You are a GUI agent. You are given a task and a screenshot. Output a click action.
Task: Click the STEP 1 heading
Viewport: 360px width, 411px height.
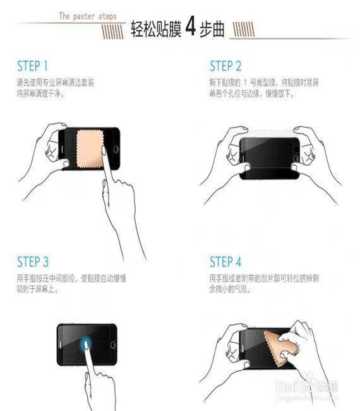pos(32,66)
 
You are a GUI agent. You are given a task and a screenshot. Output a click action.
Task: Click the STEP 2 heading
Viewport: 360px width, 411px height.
pos(225,66)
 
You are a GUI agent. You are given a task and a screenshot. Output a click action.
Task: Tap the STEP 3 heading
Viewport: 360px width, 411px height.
pos(33,262)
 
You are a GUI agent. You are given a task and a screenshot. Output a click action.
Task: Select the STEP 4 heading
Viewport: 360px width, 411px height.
pos(225,262)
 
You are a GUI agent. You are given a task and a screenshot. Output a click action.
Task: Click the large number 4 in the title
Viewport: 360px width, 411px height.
pos(190,27)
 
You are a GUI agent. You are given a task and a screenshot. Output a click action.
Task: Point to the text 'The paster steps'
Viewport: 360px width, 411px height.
pos(88,16)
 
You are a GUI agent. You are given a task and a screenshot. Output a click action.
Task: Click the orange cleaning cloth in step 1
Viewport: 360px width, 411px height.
pos(90,149)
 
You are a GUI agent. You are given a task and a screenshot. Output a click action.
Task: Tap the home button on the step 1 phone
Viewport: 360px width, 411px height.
pos(116,149)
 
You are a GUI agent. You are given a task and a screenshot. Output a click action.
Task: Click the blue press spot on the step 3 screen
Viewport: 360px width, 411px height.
pos(86,343)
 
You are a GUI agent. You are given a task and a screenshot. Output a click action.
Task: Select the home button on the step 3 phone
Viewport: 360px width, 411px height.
pos(113,345)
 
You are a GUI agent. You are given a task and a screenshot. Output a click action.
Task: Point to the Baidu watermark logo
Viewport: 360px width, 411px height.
pos(307,386)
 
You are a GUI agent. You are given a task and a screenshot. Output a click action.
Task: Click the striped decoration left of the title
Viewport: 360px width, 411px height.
pos(113,32)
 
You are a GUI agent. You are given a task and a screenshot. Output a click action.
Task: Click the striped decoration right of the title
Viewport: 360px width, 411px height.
pos(243,29)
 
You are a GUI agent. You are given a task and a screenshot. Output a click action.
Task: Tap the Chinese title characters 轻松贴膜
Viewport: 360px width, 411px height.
pos(156,28)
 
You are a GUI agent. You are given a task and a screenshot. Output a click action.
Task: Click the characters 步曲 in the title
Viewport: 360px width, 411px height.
pos(212,28)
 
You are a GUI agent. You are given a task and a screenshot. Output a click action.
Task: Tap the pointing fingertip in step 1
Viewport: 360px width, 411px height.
pos(104,150)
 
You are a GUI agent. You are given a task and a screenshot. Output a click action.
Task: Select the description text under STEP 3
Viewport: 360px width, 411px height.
pos(71,284)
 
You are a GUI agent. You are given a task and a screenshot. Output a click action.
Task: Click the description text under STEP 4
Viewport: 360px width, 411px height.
pos(264,284)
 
